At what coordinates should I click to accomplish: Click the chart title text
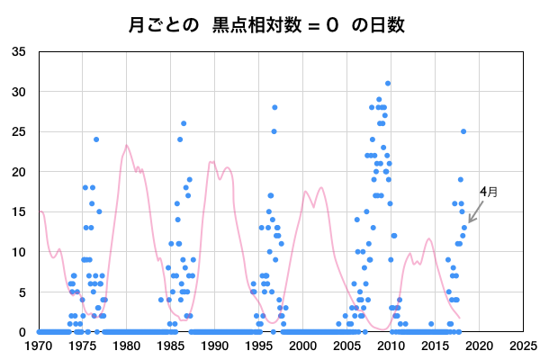click(x=270, y=24)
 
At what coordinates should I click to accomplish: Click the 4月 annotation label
click(x=488, y=192)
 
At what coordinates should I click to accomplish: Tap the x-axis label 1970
click(x=38, y=345)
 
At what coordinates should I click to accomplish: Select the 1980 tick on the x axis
click(x=126, y=345)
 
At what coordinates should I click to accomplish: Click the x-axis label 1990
click(x=214, y=345)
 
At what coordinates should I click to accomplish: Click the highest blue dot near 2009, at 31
click(x=388, y=84)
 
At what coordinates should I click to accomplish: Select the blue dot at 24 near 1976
click(x=96, y=139)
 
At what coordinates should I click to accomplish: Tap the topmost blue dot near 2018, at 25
click(x=463, y=131)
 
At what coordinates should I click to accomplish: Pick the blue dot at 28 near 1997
click(x=274, y=107)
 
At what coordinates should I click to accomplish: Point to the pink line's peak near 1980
click(x=127, y=145)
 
